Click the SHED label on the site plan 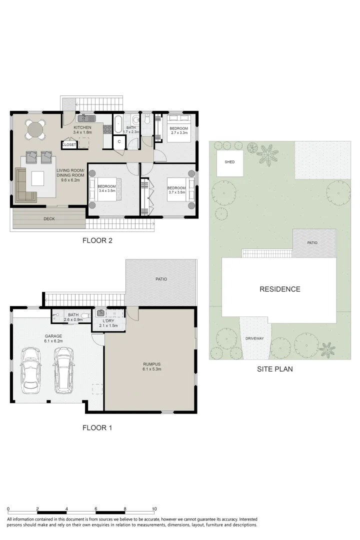click(x=230, y=162)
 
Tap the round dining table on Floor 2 click(x=35, y=129)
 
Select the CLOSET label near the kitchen click(x=69, y=144)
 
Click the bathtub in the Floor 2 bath click(x=118, y=124)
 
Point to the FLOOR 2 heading click(x=97, y=240)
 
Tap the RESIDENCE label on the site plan click(x=279, y=289)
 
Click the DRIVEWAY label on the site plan click(x=254, y=338)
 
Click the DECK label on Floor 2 click(x=49, y=218)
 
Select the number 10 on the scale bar click(x=154, y=508)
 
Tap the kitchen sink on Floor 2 click(x=83, y=118)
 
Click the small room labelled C click(x=119, y=141)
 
